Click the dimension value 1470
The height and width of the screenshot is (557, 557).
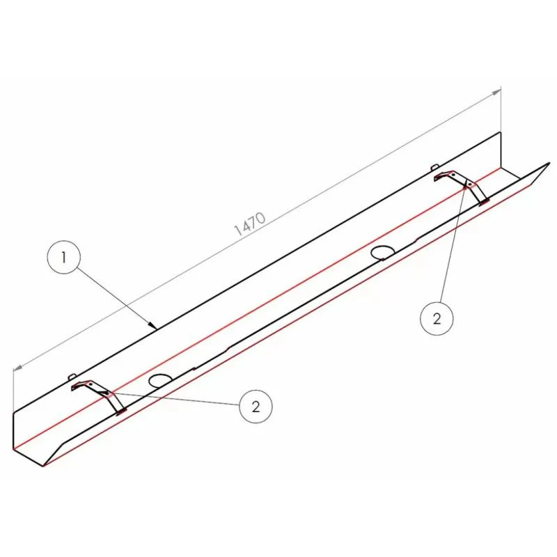tap(250, 224)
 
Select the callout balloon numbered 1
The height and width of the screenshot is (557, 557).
tap(64, 257)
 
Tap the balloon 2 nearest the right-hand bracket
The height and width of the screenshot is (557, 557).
tap(437, 318)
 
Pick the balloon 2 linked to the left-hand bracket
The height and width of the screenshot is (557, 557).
tap(256, 407)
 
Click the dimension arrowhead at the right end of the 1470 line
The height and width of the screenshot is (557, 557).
tap(496, 93)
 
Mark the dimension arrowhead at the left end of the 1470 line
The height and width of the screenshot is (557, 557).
tap(18, 368)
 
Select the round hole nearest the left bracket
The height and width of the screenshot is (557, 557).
tap(160, 380)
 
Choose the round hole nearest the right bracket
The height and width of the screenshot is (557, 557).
tap(382, 253)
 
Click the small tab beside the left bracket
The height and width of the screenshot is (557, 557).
tap(72, 376)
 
